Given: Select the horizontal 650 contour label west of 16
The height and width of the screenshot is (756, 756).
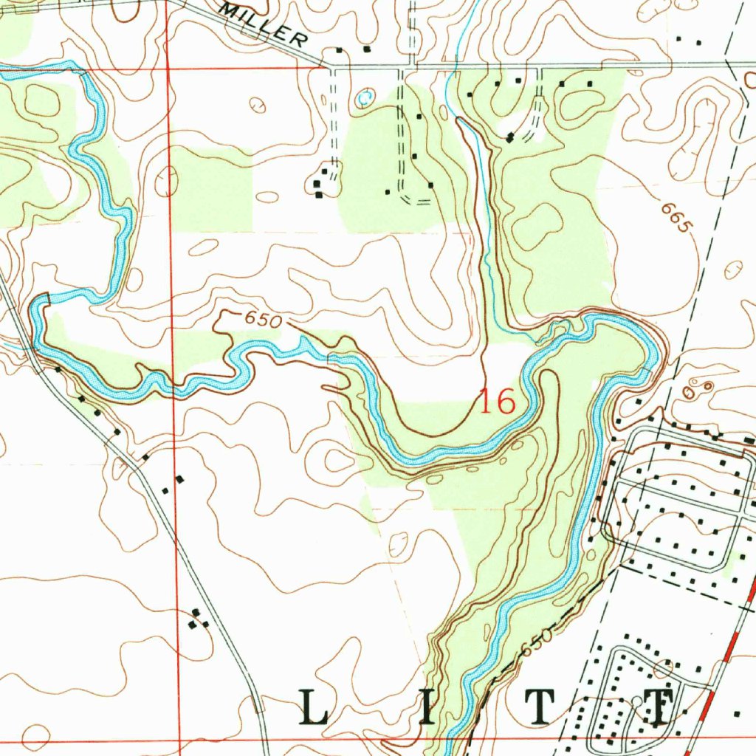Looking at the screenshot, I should pos(264,320).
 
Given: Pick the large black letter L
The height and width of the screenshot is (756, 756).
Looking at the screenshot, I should pos(315,707).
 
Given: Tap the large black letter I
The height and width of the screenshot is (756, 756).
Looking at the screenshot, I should pos(429,707).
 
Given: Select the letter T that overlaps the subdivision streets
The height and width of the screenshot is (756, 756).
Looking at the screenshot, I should pos(654,707).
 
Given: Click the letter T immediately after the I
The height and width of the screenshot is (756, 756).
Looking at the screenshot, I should pos(542,707).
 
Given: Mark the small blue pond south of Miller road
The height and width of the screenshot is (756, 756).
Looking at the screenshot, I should pos(362,97).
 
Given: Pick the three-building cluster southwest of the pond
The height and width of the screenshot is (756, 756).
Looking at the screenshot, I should pos(320,184).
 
